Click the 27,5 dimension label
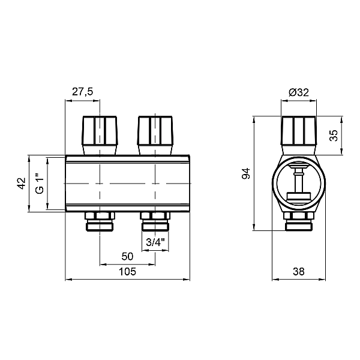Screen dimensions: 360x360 pyautogui.click(x=83, y=92)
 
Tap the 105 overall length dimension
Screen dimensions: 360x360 pyautogui.click(x=127, y=272)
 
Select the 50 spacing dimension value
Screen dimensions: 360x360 pyautogui.click(x=127, y=256)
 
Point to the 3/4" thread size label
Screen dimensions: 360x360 pyautogui.click(x=155, y=242)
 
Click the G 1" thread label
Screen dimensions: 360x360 pyautogui.click(x=40, y=184)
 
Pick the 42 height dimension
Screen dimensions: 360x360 pyautogui.click(x=22, y=183)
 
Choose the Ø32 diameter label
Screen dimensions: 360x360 pyautogui.click(x=299, y=92)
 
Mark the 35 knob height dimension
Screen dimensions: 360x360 pyautogui.click(x=334, y=136)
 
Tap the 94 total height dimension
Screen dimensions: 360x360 pyautogui.click(x=246, y=173)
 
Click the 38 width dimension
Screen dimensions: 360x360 pyautogui.click(x=299, y=272)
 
